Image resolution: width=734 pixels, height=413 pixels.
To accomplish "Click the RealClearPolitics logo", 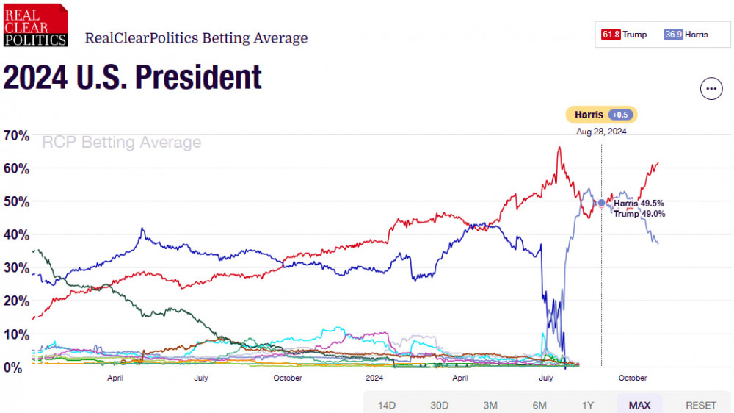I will [x=35, y=25].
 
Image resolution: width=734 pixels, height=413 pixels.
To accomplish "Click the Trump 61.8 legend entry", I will [x=625, y=35].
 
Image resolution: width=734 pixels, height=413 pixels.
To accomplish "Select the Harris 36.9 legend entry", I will [x=686, y=35].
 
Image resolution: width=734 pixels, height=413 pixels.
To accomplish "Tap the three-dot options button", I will [x=711, y=89].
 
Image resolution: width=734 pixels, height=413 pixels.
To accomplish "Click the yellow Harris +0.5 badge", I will [x=601, y=115].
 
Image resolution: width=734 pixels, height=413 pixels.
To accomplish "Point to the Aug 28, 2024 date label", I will [x=601, y=132].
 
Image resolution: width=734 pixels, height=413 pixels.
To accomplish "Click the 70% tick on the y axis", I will [x=16, y=135].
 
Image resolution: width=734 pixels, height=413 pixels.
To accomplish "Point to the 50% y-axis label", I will [x=16, y=201].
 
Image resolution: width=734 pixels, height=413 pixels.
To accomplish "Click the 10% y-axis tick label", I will [x=16, y=334].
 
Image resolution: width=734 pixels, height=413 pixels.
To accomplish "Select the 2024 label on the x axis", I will [x=374, y=378].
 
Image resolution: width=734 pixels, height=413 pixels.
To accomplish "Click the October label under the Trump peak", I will [x=633, y=378].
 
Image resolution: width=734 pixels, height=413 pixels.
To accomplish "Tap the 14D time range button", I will [x=387, y=405].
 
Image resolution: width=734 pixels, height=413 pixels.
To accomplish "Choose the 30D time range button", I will [x=439, y=405].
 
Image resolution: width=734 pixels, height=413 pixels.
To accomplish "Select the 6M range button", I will [x=539, y=405].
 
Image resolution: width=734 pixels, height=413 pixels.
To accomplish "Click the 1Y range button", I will [x=588, y=405].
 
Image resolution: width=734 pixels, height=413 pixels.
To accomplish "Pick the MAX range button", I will [x=639, y=405].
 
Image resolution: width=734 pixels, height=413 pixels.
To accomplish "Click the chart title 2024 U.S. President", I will [x=133, y=77].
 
